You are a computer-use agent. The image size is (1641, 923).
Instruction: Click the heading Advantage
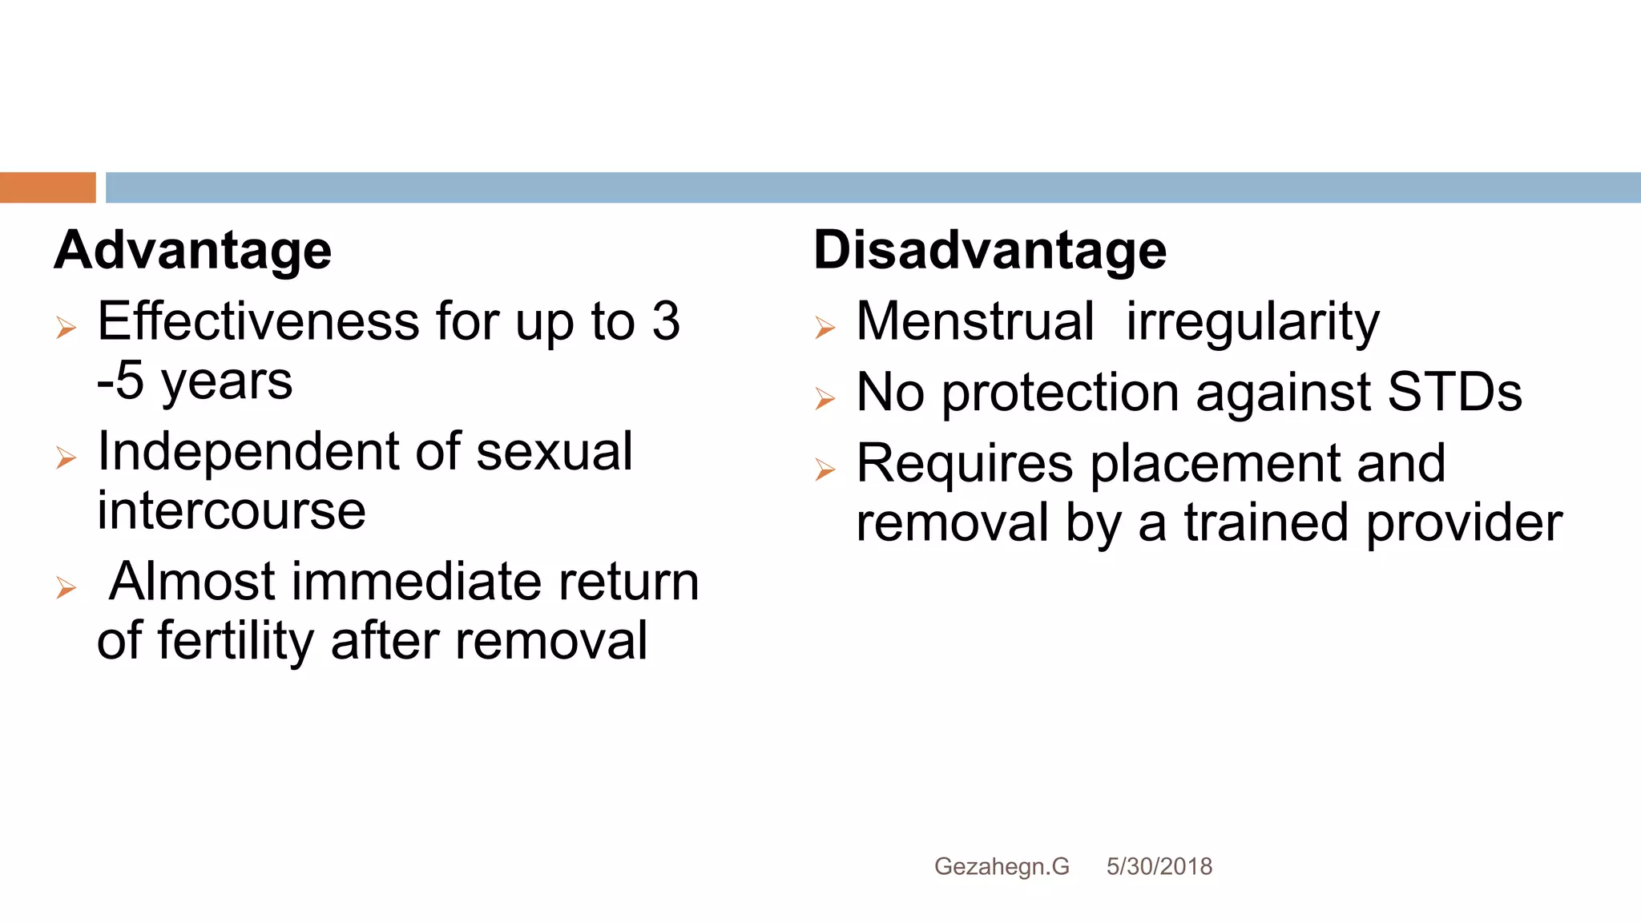(193, 251)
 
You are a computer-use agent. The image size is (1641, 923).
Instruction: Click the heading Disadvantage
(990, 251)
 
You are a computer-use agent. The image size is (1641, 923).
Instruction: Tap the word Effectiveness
(258, 322)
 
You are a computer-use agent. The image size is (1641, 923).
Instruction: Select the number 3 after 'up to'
(665, 322)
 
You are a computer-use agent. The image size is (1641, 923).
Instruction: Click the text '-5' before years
(120, 381)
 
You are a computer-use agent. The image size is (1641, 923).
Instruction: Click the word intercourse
(232, 511)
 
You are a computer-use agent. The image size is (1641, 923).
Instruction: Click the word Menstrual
(974, 322)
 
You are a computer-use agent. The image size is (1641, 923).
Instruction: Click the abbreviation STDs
(1454, 393)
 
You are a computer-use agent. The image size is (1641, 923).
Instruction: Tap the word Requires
(964, 465)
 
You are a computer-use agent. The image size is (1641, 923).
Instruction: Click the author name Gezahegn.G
(1002, 867)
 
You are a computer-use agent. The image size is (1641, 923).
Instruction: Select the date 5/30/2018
(1159, 867)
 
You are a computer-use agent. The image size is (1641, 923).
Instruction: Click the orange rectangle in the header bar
(47, 187)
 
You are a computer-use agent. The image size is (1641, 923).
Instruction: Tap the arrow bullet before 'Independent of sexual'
(66, 457)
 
